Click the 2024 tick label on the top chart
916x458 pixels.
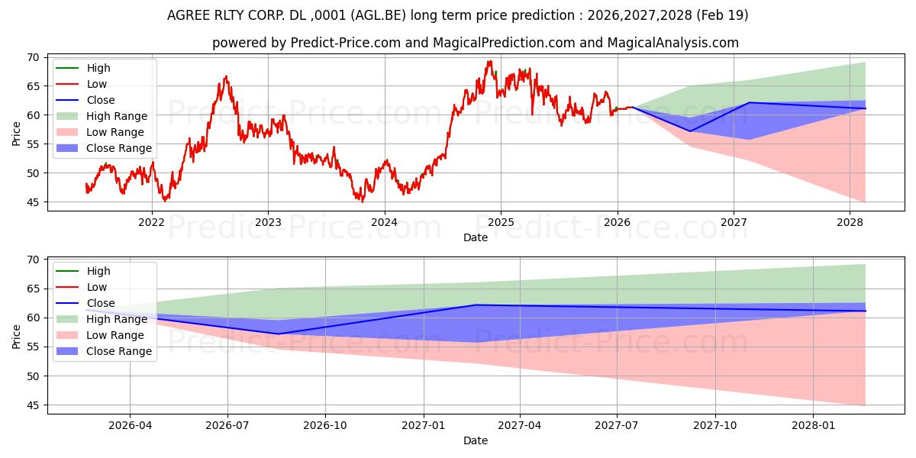tap(385, 222)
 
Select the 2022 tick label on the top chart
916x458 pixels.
tap(152, 222)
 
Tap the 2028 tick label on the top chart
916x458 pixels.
tap(850, 222)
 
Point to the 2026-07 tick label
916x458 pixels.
tap(227, 426)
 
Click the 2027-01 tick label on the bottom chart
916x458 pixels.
tap(423, 426)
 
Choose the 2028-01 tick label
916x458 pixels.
tap(813, 426)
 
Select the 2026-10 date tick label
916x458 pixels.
tap(325, 426)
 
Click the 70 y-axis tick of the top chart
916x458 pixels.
tap(34, 58)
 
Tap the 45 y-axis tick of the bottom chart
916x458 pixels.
tap(34, 405)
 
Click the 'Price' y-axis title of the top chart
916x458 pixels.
tap(16, 134)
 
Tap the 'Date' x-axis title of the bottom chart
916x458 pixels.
tap(476, 441)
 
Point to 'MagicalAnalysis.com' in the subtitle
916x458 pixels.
tap(673, 43)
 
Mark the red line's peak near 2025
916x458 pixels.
tap(489, 61)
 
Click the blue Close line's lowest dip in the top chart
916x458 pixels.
tap(690, 131)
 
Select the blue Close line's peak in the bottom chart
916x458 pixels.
tap(476, 305)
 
